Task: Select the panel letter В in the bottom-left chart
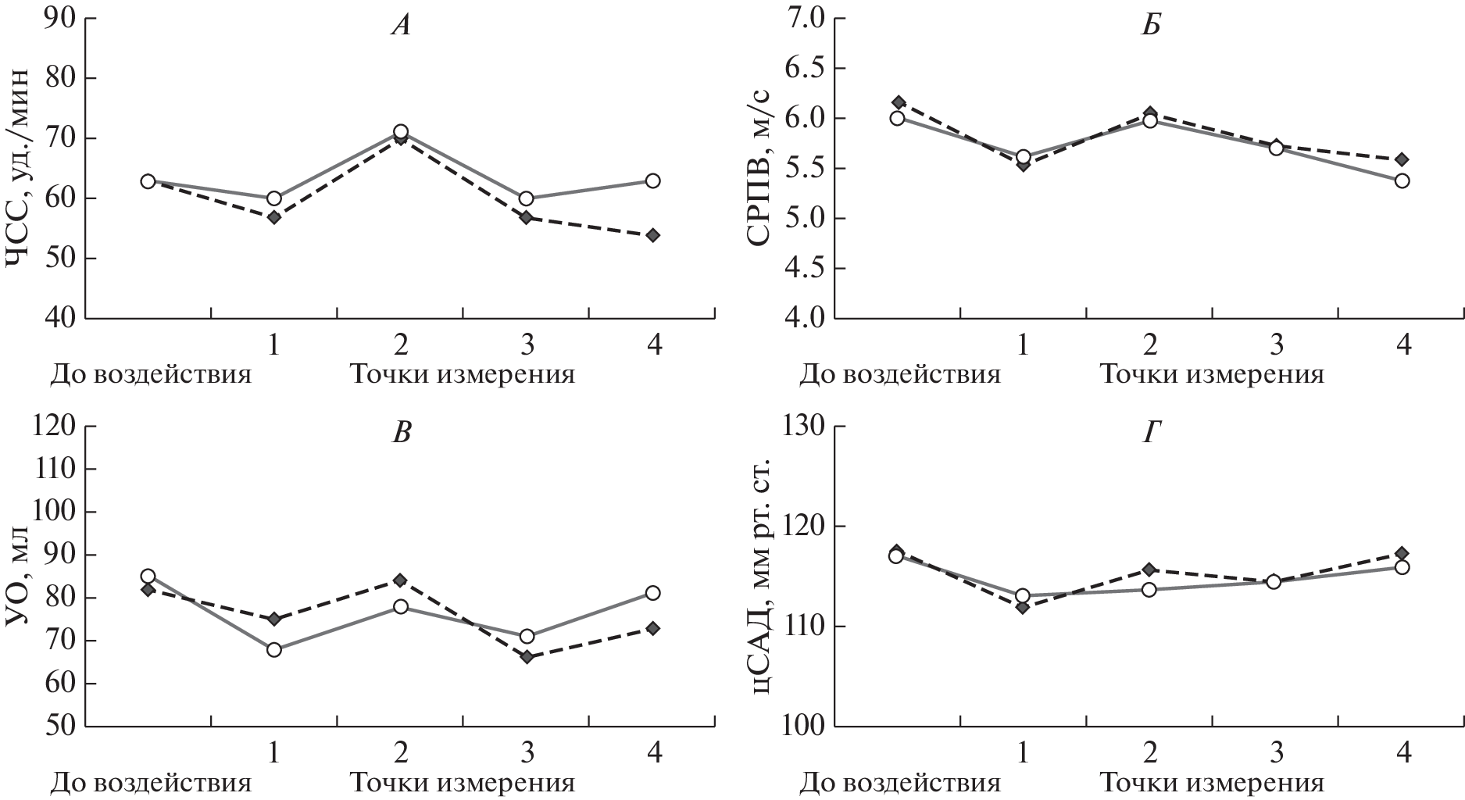400,432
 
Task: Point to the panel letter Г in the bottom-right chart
1150,432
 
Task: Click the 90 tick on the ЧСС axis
51,18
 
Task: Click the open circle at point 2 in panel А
400,132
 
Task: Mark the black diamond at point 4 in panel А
652,235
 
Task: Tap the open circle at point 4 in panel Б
1402,180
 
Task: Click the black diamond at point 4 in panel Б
1402,159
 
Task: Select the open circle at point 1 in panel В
274,649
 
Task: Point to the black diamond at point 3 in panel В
527,657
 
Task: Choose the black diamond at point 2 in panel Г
1149,570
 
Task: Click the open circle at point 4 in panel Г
1402,567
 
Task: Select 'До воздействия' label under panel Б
899,374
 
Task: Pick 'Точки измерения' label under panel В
462,782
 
